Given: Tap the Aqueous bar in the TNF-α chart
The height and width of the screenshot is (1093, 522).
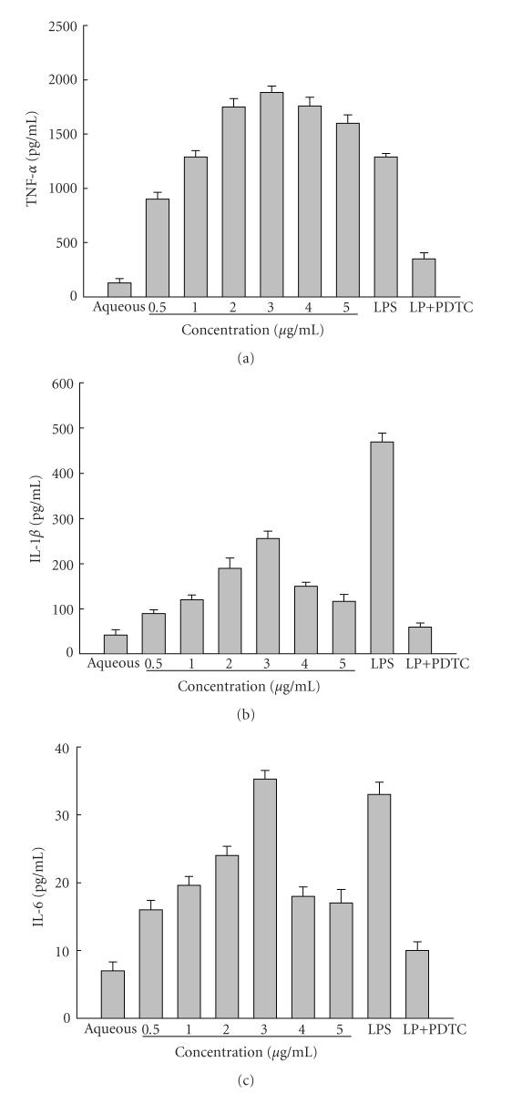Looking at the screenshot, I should click(120, 289).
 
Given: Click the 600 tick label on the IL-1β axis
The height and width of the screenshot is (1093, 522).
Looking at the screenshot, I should click(61, 383).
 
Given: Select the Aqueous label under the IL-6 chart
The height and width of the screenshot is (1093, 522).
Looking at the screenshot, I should click(111, 1028).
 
